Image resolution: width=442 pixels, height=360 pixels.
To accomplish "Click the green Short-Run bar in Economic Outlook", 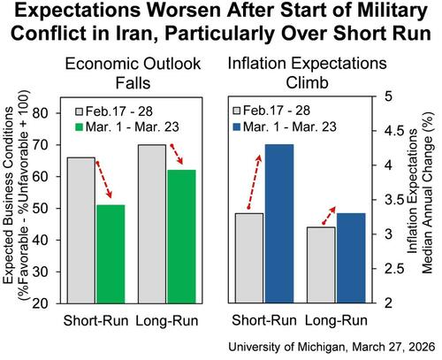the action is tap(110, 254).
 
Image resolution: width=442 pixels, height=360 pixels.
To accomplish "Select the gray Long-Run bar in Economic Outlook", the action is tap(152, 224).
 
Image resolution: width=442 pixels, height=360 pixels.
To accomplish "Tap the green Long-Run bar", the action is tap(182, 236).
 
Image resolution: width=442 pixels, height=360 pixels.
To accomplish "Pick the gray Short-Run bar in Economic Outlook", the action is tap(81, 230).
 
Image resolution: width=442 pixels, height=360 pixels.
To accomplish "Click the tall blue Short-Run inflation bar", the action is tap(279, 224).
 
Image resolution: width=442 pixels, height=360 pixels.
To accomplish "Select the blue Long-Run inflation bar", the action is tap(351, 258).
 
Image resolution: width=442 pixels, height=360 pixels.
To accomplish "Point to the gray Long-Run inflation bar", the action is tap(322, 265).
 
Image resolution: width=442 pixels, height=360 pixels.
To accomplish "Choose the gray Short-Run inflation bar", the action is tap(249, 258).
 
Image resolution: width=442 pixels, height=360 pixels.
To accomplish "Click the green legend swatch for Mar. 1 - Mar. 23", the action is tap(79, 127).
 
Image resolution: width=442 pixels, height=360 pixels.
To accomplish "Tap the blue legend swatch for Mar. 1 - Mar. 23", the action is tap(237, 127).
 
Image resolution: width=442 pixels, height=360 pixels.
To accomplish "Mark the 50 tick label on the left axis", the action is tap(40, 208).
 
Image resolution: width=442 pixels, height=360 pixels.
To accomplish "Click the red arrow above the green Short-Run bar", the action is tap(104, 180).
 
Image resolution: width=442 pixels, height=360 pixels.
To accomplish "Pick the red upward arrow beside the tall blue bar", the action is tap(255, 181).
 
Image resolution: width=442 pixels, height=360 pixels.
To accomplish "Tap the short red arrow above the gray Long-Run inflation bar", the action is tap(330, 215).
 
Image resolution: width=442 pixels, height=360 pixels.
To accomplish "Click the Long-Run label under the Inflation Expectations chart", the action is tap(336, 320).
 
